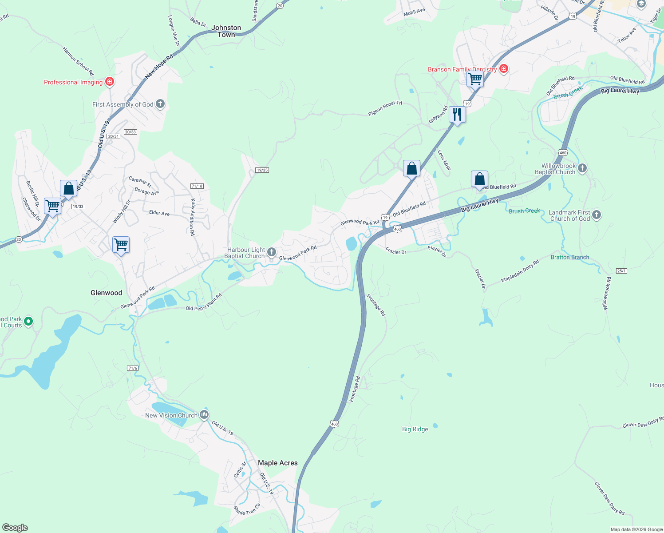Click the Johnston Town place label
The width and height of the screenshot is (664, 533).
click(x=226, y=31)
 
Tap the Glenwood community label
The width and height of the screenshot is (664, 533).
click(x=106, y=293)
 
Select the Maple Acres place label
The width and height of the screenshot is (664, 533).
click(x=278, y=463)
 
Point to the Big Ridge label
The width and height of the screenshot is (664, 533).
click(x=415, y=429)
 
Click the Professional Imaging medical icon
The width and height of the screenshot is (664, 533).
click(x=110, y=82)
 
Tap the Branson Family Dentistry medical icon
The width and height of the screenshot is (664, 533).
click(x=503, y=69)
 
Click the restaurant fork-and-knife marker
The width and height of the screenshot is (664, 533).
click(x=457, y=115)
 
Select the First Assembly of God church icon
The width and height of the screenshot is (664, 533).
click(x=160, y=104)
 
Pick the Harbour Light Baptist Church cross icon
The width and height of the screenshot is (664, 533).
click(x=272, y=253)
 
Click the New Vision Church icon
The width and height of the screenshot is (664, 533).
click(x=204, y=415)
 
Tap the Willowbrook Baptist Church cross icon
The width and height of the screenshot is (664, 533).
click(x=582, y=168)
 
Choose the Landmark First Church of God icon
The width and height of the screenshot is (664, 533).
click(x=597, y=215)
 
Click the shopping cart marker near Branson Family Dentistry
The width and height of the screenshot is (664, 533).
click(x=475, y=80)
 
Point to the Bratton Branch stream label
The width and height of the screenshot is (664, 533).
click(x=570, y=257)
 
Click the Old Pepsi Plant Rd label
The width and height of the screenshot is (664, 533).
click(x=204, y=302)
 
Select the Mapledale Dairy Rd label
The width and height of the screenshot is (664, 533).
click(x=520, y=271)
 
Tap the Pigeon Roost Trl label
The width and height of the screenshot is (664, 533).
click(x=385, y=108)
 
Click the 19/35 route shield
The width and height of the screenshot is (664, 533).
click(x=262, y=170)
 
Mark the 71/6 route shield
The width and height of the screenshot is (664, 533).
click(x=133, y=368)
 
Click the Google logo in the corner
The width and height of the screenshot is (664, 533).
click(x=15, y=528)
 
